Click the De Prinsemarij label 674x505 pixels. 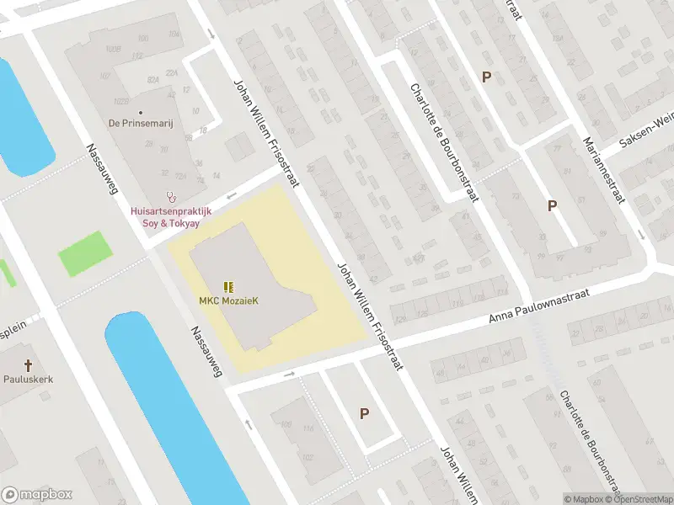click(x=141, y=123)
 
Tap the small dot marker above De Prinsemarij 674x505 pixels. click(x=141, y=111)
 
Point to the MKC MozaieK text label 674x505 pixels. click(x=227, y=300)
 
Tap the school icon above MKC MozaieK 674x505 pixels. click(x=227, y=286)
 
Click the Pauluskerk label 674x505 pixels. click(x=28, y=379)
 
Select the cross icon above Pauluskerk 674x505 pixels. click(x=28, y=365)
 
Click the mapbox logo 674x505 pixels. click(x=37, y=495)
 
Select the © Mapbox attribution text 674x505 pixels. click(x=583, y=499)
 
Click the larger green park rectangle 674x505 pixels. click(x=85, y=252)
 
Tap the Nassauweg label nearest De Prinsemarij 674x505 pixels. click(x=100, y=169)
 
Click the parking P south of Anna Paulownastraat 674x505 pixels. click(x=364, y=413)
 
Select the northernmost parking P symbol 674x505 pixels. click(x=486, y=77)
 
